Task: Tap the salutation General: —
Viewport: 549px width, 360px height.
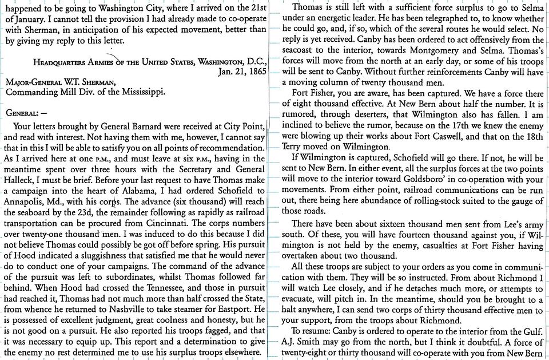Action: click(x=24, y=113)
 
